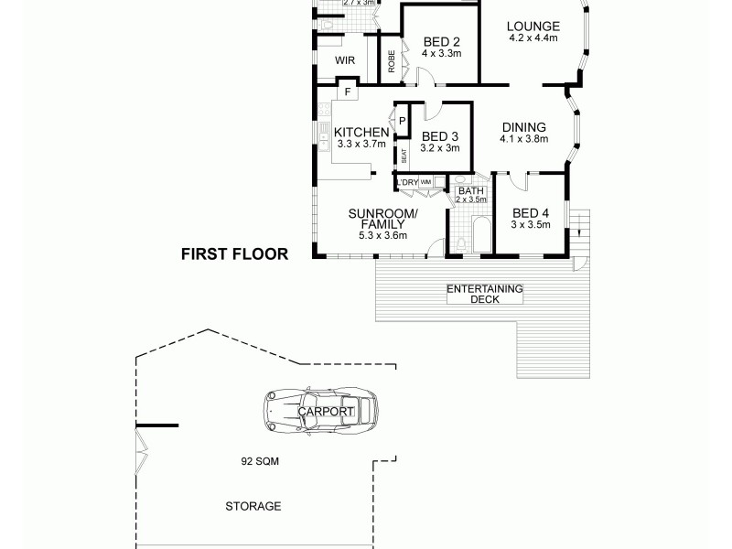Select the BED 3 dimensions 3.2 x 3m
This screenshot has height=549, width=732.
439,147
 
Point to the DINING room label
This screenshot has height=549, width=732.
523,127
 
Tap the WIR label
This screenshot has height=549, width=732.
345,60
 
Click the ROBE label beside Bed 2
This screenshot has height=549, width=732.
391,60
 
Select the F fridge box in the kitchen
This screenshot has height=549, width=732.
348,91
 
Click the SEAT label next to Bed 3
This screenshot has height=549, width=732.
404,156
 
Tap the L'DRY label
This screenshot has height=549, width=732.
407,183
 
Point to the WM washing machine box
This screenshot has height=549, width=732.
425,183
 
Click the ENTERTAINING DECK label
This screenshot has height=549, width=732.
483,294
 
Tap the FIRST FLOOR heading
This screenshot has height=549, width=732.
233,254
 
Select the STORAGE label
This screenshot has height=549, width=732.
253,506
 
